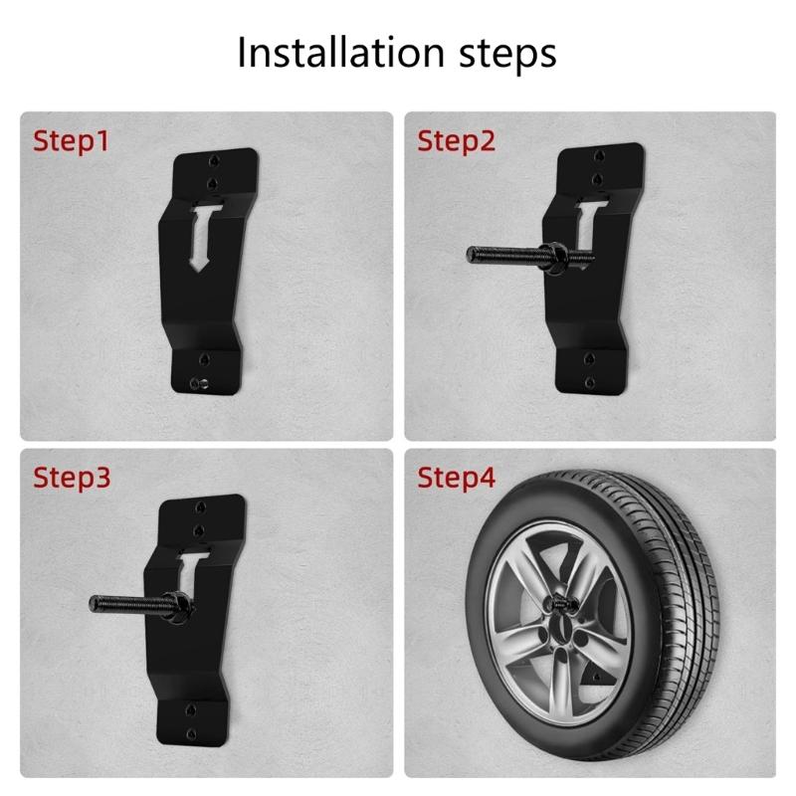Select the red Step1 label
[x=72, y=140]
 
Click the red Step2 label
[x=455, y=140]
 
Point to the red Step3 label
[x=72, y=478]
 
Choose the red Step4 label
[x=455, y=478]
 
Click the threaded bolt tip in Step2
[x=473, y=254]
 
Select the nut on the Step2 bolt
[x=555, y=257]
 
